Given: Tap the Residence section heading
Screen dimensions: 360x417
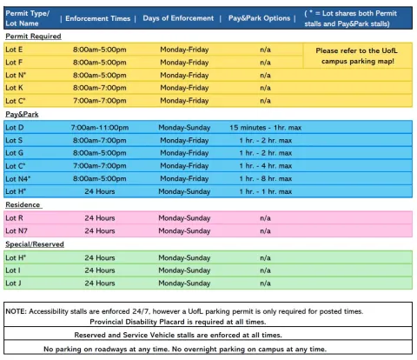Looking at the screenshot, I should [x=23, y=204].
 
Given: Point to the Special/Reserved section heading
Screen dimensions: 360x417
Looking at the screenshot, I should [x=35, y=245].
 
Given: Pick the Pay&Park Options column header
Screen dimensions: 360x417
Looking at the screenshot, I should [x=259, y=17].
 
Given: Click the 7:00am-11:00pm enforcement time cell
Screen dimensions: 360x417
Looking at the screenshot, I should [x=99, y=128].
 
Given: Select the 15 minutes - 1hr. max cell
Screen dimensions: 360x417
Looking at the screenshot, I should [x=265, y=128].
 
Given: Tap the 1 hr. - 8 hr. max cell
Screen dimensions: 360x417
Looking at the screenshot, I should [x=265, y=178].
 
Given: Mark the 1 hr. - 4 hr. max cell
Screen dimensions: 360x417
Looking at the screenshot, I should [x=265, y=165].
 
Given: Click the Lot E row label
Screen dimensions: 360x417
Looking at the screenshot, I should [x=15, y=50].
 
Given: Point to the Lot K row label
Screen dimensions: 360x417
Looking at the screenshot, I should [x=15, y=88].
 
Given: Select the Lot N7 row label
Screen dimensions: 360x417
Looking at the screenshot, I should [x=17, y=230].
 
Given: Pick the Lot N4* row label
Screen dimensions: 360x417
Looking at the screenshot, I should [x=18, y=178].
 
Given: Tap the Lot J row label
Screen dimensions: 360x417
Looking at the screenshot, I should [x=14, y=283].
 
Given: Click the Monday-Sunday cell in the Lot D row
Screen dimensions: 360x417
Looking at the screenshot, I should [x=184, y=128].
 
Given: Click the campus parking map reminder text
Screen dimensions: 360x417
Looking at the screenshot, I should [x=356, y=57].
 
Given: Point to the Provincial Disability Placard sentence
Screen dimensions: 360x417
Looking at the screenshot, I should [x=208, y=321].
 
